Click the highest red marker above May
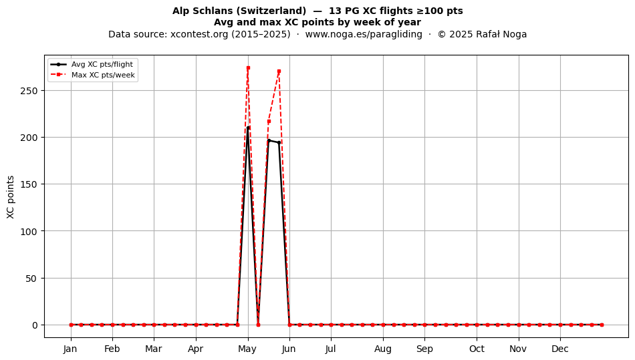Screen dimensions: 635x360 click(248, 68)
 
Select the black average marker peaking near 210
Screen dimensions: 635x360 click(248, 128)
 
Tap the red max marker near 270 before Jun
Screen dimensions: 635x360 click(279, 71)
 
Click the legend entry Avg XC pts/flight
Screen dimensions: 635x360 click(102, 64)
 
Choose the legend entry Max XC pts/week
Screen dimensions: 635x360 click(103, 75)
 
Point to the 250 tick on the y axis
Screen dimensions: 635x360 click(29, 91)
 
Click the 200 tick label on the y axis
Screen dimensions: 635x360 click(29, 138)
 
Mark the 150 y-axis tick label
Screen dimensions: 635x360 click(29, 184)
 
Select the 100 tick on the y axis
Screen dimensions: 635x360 click(29, 231)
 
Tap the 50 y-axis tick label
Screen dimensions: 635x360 click(31, 279)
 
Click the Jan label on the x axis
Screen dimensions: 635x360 click(70, 349)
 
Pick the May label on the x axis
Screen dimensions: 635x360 click(247, 349)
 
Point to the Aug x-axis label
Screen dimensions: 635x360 click(383, 349)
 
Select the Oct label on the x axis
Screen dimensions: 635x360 click(477, 349)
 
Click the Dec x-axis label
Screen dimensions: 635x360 click(560, 349)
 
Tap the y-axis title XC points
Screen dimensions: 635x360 click(11, 197)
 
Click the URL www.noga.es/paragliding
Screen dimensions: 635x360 click(363, 34)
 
